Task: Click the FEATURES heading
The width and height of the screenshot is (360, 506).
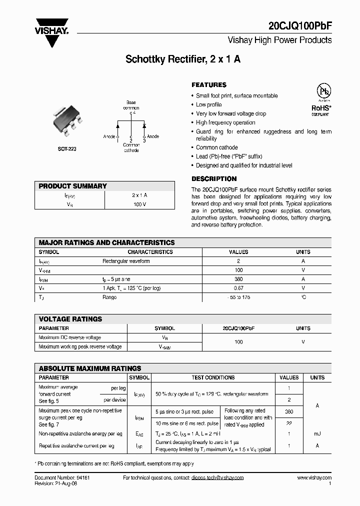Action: (209, 85)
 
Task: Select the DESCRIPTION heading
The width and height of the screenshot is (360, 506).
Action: (214, 179)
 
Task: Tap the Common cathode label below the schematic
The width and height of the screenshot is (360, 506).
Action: (131, 147)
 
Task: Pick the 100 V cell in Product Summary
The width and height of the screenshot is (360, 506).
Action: (139, 204)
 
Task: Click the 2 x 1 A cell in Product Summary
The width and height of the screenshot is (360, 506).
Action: (139, 195)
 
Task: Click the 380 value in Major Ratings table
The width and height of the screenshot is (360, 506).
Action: (238, 279)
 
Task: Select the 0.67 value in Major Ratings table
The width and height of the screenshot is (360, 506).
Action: (238, 288)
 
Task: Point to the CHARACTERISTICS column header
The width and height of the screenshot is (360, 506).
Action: (150, 252)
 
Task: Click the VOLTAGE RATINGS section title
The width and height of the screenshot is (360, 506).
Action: (70, 319)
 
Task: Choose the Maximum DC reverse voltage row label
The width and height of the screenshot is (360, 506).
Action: (69, 337)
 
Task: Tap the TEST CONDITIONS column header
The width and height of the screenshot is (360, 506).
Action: (213, 377)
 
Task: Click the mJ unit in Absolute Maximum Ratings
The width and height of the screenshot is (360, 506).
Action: (317, 433)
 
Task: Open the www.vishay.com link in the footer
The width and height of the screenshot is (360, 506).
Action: (314, 478)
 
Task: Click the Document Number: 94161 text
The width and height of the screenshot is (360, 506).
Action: (62, 478)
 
